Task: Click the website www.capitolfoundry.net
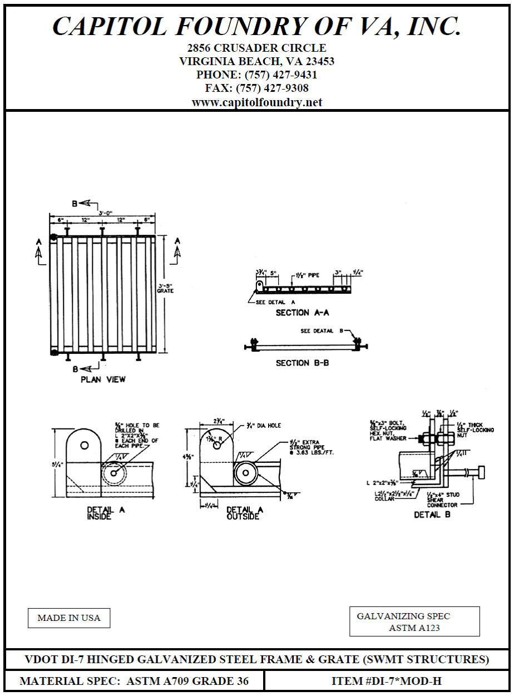[x=256, y=102]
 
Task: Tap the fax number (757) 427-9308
[x=272, y=88]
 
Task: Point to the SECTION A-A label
[x=300, y=313]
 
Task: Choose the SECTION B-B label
[x=300, y=363]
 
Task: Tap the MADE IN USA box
[x=69, y=618]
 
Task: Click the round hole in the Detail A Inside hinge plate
[x=85, y=445]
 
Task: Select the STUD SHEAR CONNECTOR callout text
[x=443, y=500]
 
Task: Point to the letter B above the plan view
[x=74, y=203]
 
